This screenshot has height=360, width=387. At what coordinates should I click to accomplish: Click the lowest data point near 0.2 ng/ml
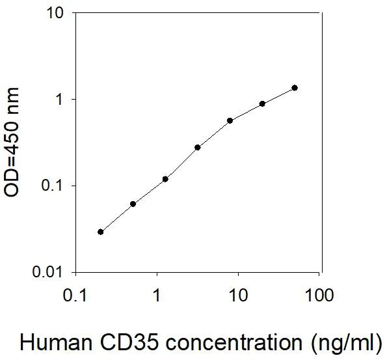pyautogui.click(x=100, y=232)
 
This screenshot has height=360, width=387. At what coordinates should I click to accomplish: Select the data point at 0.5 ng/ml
pyautogui.click(x=133, y=204)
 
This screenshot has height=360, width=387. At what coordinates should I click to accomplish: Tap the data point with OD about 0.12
pyautogui.click(x=165, y=179)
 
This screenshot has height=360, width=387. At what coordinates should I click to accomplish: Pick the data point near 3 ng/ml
pyautogui.click(x=198, y=147)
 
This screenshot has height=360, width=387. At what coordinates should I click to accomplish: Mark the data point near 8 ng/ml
pyautogui.click(x=230, y=120)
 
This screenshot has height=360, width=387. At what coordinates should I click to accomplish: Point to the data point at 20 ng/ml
pyautogui.click(x=262, y=104)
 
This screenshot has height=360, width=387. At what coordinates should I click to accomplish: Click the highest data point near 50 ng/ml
pyautogui.click(x=295, y=88)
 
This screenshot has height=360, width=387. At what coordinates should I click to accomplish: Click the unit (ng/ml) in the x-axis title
pyautogui.click(x=347, y=341)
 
